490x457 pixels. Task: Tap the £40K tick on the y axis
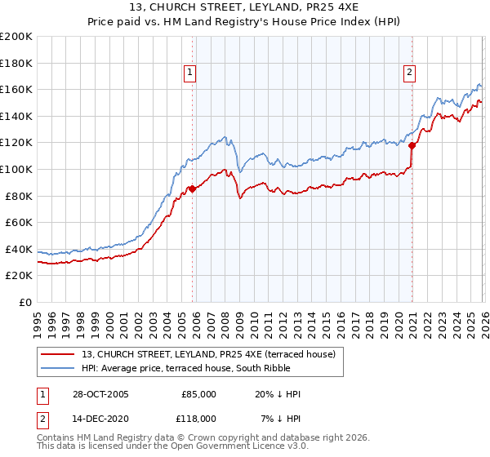pos(18,249)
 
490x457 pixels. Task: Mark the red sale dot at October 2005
pos(193,189)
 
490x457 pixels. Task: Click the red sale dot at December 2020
pos(412,145)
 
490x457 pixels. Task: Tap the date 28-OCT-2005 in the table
pos(100,394)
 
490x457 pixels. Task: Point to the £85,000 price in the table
pos(199,394)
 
